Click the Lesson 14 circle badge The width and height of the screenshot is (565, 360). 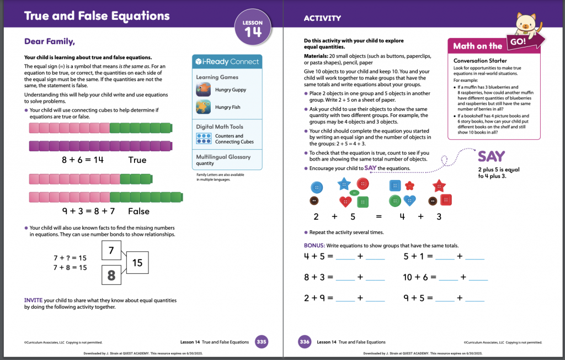tap(253, 29)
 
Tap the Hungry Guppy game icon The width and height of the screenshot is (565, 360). tap(204, 89)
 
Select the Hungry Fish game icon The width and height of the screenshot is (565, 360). tap(204, 107)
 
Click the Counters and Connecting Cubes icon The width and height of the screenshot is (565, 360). tap(204, 139)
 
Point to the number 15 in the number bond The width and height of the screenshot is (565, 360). tap(137, 263)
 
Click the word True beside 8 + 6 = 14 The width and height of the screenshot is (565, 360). tap(137, 160)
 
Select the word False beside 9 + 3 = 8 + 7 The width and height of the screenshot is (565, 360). tap(139, 211)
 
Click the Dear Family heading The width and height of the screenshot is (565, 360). tap(50, 41)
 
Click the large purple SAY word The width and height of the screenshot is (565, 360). tap(491, 156)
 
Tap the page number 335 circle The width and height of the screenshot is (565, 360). tap(262, 342)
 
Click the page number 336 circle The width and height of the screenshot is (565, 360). tap(305, 342)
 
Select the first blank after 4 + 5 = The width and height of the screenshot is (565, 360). tap(345, 257)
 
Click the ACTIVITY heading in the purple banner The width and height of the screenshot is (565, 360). tap(322, 18)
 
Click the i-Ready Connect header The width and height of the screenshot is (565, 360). tap(227, 61)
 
